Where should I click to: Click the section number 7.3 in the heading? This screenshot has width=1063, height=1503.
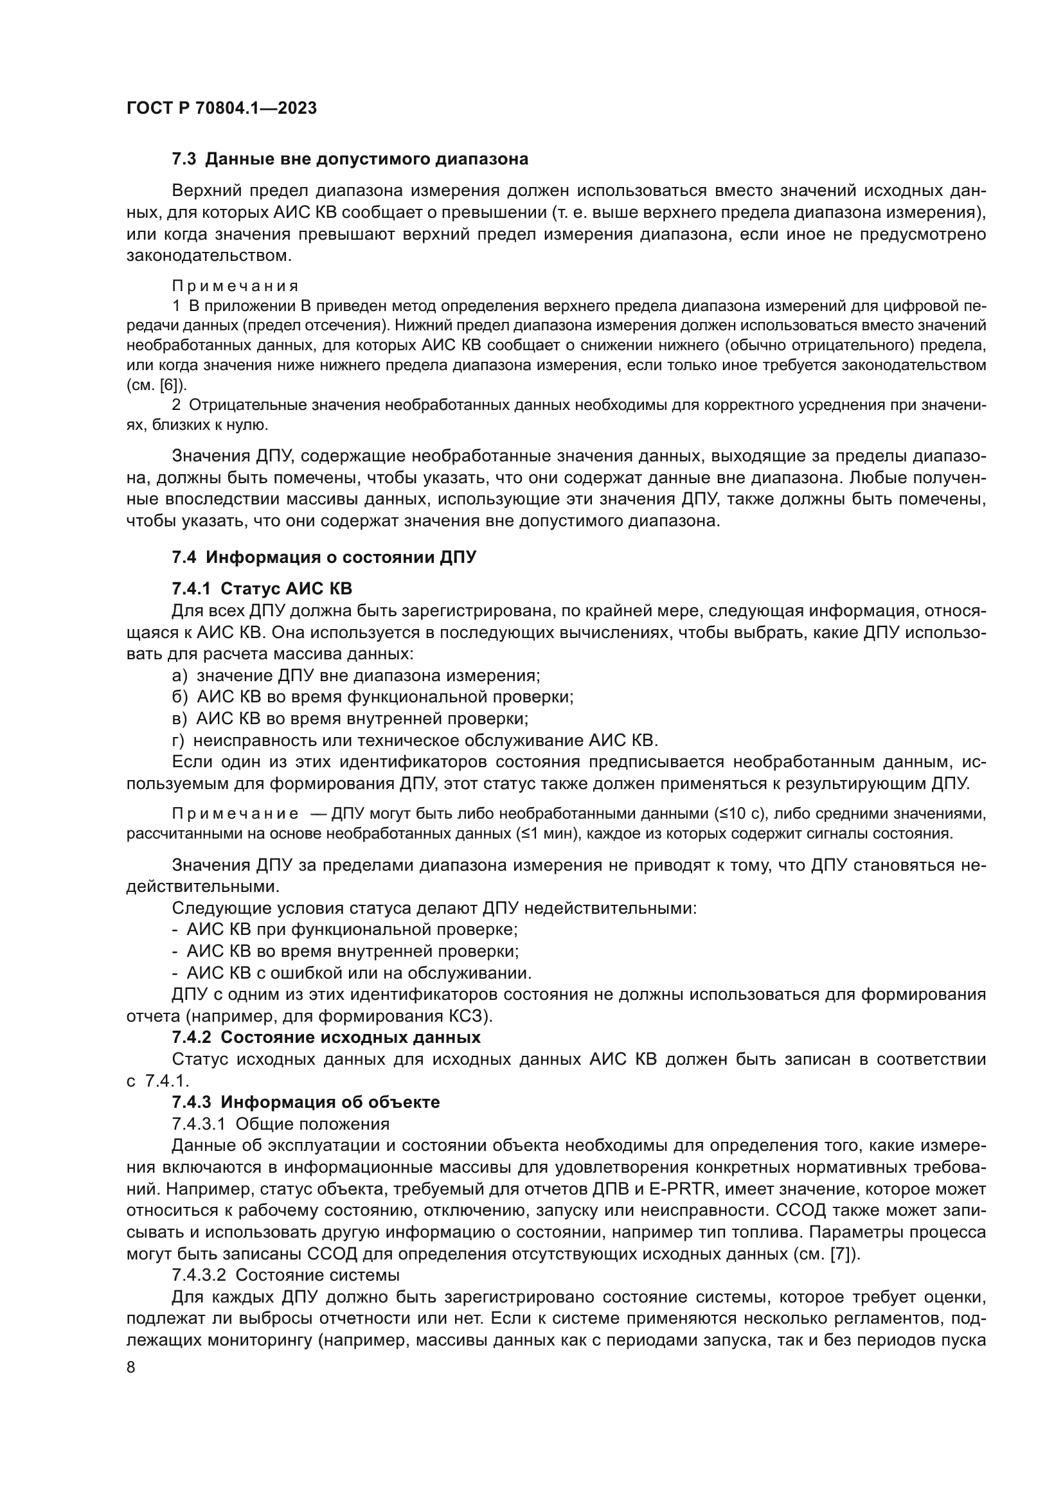pos(184,159)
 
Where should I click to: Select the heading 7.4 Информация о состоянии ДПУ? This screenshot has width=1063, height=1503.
pos(324,557)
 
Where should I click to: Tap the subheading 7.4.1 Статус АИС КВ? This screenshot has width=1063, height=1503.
pos(262,589)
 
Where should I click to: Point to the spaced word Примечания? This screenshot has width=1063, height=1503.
pos(235,286)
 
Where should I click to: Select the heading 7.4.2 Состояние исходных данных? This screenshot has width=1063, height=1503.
pos(326,1038)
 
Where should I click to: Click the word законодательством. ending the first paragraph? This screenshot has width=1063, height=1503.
pos(209,255)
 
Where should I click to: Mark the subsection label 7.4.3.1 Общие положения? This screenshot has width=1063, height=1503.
pos(280,1124)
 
